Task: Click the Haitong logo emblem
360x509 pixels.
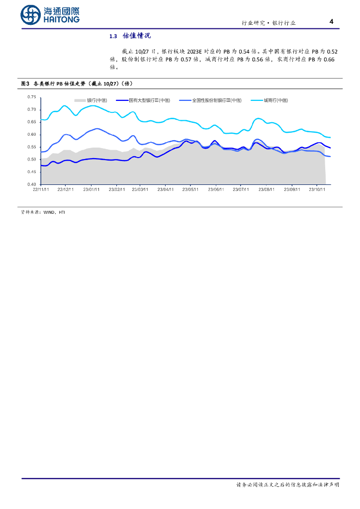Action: tap(30, 15)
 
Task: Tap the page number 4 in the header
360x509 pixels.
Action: tap(332, 21)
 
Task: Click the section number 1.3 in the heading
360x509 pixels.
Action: tap(112, 36)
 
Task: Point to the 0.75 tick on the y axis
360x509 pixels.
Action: tap(31, 97)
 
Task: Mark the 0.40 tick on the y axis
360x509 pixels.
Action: tap(31, 184)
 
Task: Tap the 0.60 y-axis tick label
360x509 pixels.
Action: tap(31, 135)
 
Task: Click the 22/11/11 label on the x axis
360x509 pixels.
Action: tap(40, 189)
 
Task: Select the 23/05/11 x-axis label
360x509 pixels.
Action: tap(190, 189)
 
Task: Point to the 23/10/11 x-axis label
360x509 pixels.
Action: tap(317, 189)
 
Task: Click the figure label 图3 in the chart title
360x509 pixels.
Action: tap(25, 84)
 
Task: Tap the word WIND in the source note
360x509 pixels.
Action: tap(49, 212)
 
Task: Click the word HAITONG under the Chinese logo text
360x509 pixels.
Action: tap(61, 19)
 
